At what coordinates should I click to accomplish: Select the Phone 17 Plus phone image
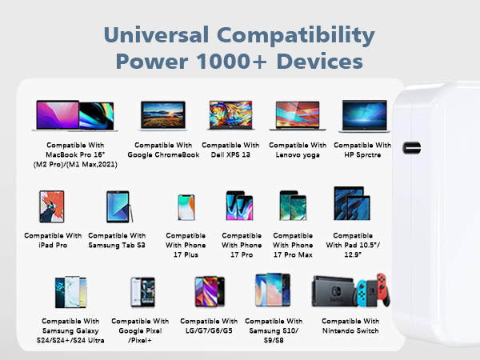[186, 206]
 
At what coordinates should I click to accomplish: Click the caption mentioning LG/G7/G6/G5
[209, 326]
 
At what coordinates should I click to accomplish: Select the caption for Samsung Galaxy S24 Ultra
[71, 330]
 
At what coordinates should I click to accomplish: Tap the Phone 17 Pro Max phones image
[292, 206]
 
